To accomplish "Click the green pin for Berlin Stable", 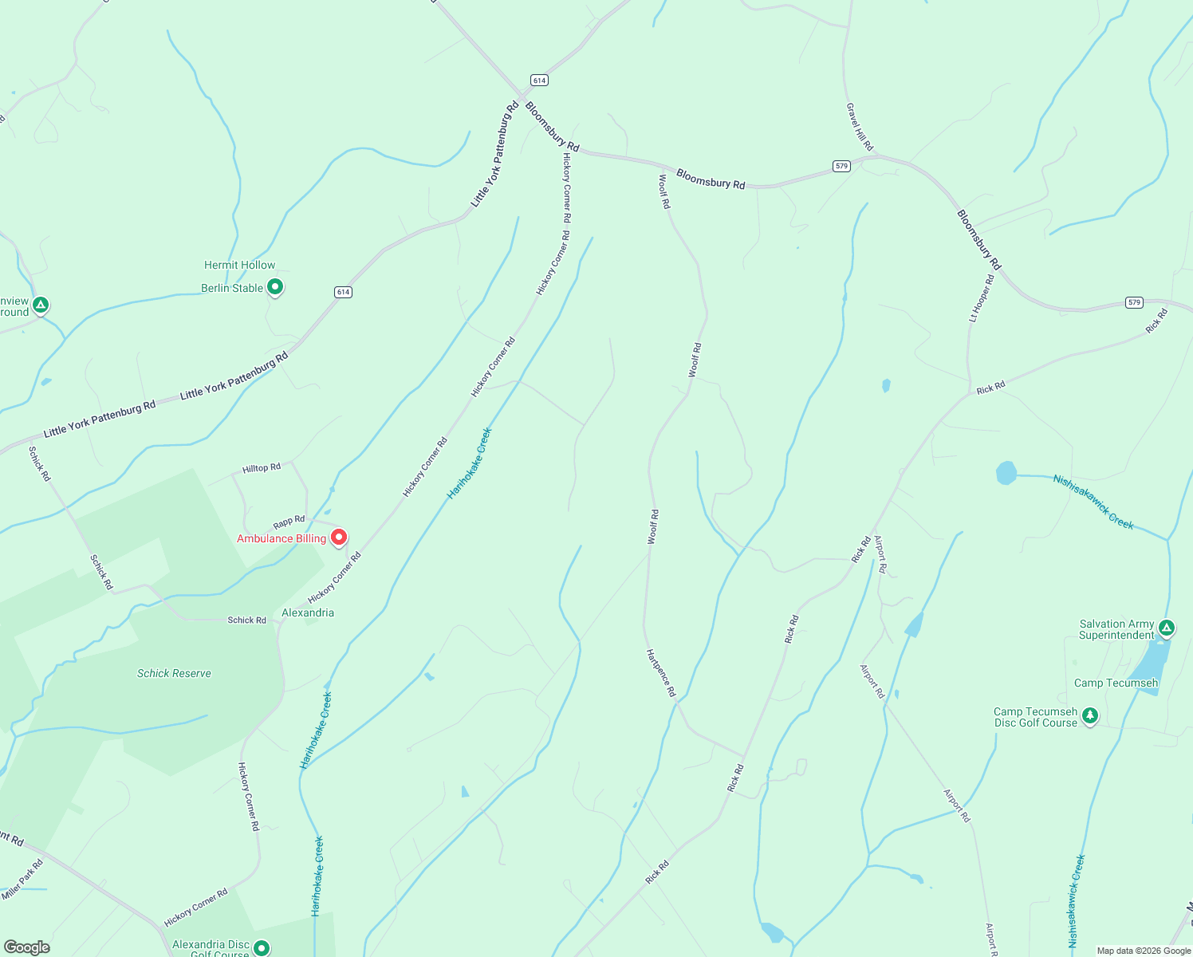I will [x=275, y=286].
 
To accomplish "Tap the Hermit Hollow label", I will [x=239, y=265].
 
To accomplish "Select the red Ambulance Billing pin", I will [x=339, y=538].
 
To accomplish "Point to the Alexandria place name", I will [x=308, y=612].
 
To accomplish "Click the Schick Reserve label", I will [x=174, y=673].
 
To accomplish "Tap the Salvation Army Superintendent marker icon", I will [x=1167, y=628].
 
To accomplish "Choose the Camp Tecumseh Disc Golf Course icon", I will [x=1090, y=715].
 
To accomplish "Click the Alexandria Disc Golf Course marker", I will [x=262, y=947].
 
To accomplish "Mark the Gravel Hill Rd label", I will [x=860, y=127].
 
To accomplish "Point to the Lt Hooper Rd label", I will [x=982, y=298].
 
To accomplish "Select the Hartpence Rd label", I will [x=661, y=673].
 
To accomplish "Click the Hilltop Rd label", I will [x=262, y=468].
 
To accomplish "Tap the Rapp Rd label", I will [x=289, y=522].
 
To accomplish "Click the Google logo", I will [x=26, y=947].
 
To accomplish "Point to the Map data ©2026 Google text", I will [x=1144, y=951].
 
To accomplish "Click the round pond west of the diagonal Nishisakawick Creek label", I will [x=1006, y=473].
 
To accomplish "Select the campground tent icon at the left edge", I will [x=41, y=305].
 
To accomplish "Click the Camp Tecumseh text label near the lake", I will [x=1116, y=683].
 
